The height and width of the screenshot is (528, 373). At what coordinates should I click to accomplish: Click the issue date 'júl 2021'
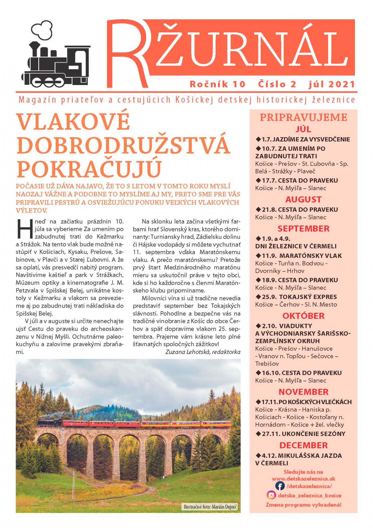pos(332,84)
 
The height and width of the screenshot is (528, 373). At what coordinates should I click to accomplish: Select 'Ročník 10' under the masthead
pos(218,84)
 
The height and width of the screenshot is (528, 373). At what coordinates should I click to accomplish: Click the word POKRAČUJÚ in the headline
pos(89,169)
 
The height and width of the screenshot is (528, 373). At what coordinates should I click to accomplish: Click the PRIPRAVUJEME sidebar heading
pos(303,117)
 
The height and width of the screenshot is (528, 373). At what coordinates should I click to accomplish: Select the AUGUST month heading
pos(303,200)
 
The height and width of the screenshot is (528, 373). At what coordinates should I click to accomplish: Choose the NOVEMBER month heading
pos(303,392)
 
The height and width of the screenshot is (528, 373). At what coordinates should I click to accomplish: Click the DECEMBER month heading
pos(303,445)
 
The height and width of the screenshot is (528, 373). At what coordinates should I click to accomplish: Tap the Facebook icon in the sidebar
pos(280,486)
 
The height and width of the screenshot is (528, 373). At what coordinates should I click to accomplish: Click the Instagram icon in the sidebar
pos(271,495)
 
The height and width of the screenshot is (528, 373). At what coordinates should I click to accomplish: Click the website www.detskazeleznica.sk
pos(303,479)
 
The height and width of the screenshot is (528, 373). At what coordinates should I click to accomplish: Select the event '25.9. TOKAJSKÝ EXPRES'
pos(296,297)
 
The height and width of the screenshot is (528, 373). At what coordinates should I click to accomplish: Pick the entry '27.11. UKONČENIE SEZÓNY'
pos(301,434)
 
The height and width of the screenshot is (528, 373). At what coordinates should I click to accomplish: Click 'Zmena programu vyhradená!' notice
pos(303,505)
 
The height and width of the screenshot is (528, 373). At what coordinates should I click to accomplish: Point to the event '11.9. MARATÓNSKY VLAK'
pos(298,256)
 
